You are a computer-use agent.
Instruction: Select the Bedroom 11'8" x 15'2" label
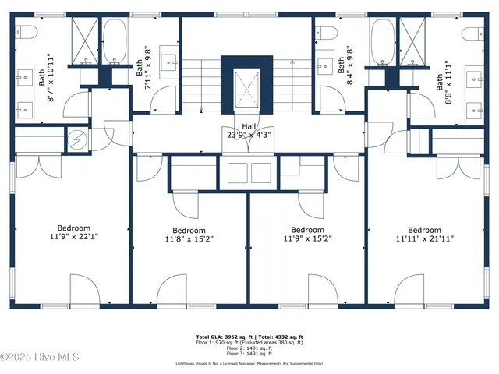[x=189, y=235]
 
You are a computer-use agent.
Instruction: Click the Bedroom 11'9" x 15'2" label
[x=307, y=235]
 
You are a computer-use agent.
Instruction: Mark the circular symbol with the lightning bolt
[x=77, y=139]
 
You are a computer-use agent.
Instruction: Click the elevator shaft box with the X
[x=247, y=86]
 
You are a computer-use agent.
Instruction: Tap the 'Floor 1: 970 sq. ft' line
[x=248, y=342]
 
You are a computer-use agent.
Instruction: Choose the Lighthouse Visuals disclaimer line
[x=248, y=363]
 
